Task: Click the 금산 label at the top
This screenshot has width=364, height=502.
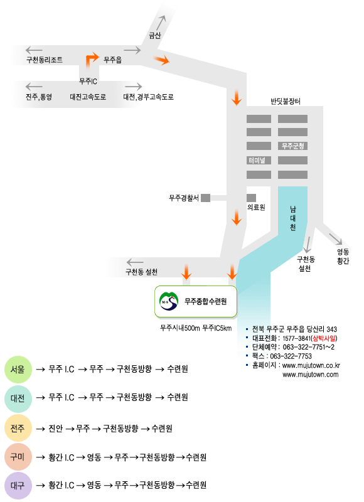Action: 154,36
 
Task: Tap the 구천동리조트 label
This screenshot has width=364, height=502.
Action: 45,60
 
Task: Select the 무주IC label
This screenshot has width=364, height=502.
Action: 88,82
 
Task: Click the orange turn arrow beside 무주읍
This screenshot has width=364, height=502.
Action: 92,59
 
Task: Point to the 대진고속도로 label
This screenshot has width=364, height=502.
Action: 88,97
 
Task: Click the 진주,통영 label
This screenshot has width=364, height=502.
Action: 39,97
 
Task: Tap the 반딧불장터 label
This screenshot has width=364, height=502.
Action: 286,102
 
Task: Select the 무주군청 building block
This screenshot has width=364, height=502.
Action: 292,146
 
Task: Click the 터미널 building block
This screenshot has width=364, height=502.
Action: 259,161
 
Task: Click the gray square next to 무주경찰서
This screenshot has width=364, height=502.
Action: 205,198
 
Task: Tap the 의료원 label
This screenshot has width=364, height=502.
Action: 256,208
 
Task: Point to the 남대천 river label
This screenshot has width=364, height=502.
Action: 292,218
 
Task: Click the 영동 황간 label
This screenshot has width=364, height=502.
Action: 343,256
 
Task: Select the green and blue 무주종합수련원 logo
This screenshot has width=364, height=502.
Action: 169,301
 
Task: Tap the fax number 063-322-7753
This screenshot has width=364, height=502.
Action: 291,356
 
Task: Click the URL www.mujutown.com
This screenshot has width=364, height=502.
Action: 310,375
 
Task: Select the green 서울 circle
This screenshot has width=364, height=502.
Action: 18,370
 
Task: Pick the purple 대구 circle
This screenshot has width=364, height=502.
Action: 18,485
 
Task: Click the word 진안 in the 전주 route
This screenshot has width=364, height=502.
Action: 55,429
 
